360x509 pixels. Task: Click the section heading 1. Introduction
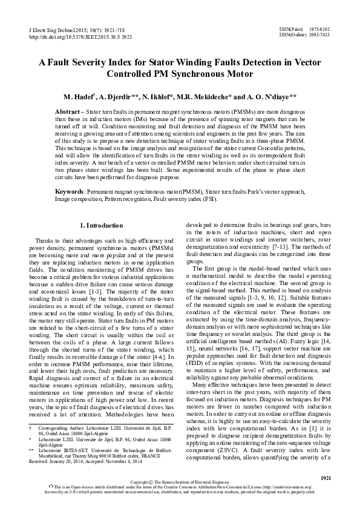(105, 226)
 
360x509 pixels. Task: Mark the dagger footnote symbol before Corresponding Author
(31, 427)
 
